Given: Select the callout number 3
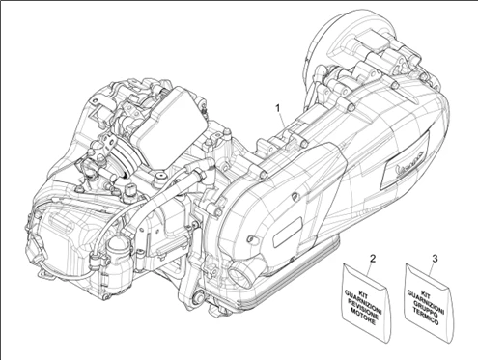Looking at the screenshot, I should (x=436, y=259).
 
